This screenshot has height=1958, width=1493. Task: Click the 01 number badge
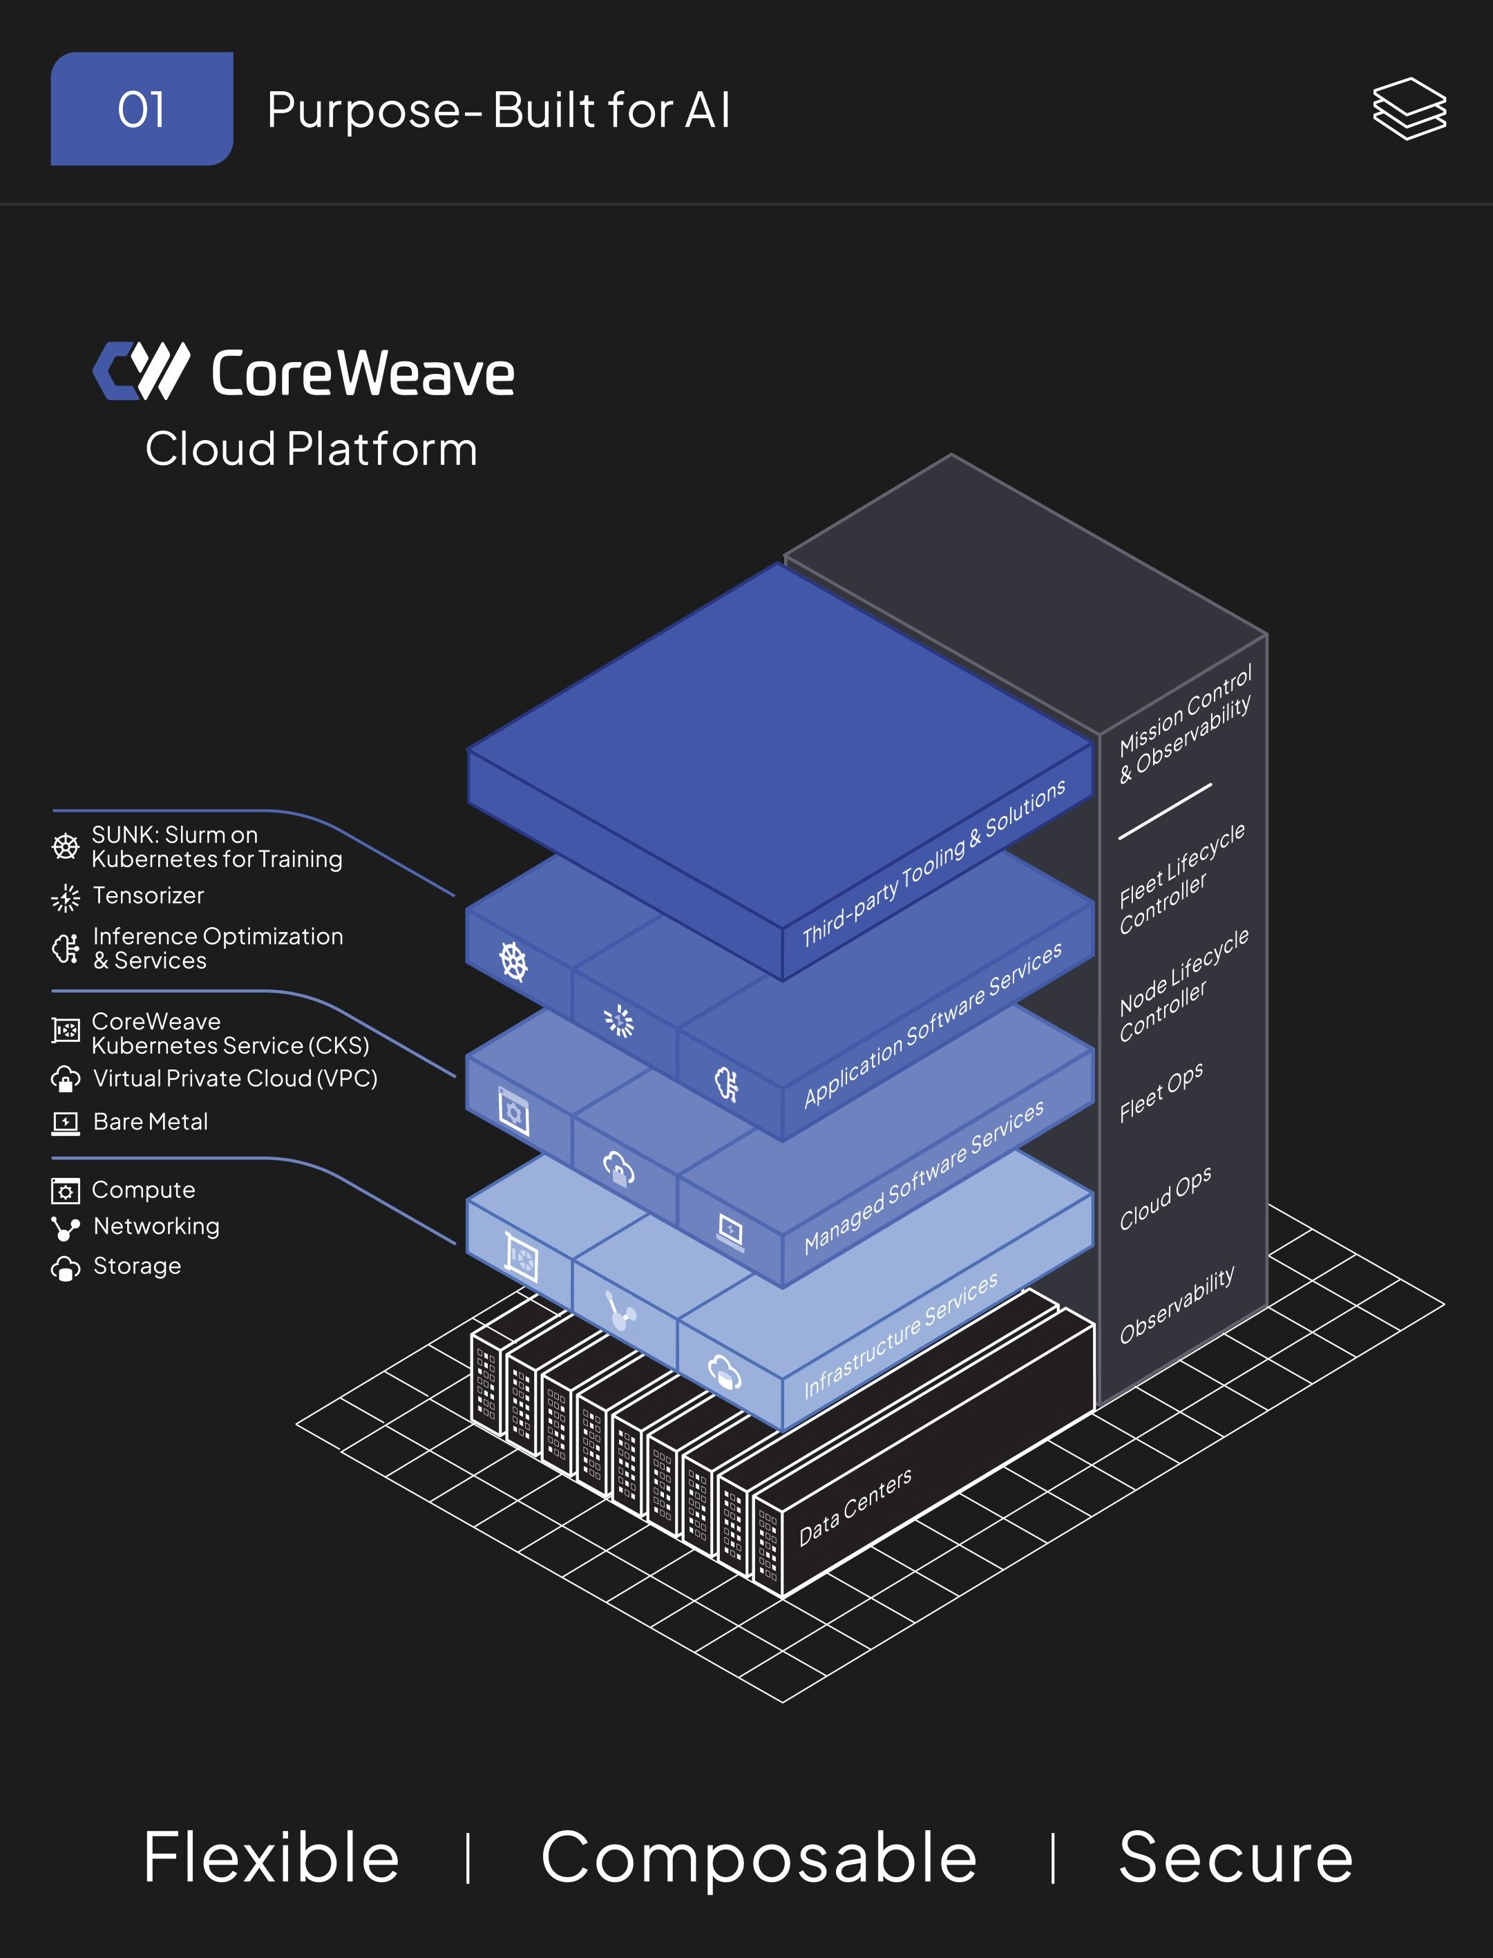[x=142, y=109]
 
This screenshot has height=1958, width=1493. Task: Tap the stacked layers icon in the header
[x=1409, y=108]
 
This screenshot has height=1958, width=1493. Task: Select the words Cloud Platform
[x=311, y=449]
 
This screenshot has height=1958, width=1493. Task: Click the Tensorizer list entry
[x=149, y=896]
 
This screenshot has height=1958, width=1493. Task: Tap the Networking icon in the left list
[x=65, y=1228]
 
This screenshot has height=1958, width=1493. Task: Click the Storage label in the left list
[x=137, y=1266]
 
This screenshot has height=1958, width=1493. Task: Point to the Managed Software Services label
[x=923, y=1178]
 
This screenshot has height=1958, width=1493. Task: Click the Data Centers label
[x=855, y=1508]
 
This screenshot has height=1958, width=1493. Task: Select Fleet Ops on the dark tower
[x=1161, y=1092]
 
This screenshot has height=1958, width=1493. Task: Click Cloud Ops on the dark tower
[x=1164, y=1199]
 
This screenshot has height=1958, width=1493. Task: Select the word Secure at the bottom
[x=1235, y=1858]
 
